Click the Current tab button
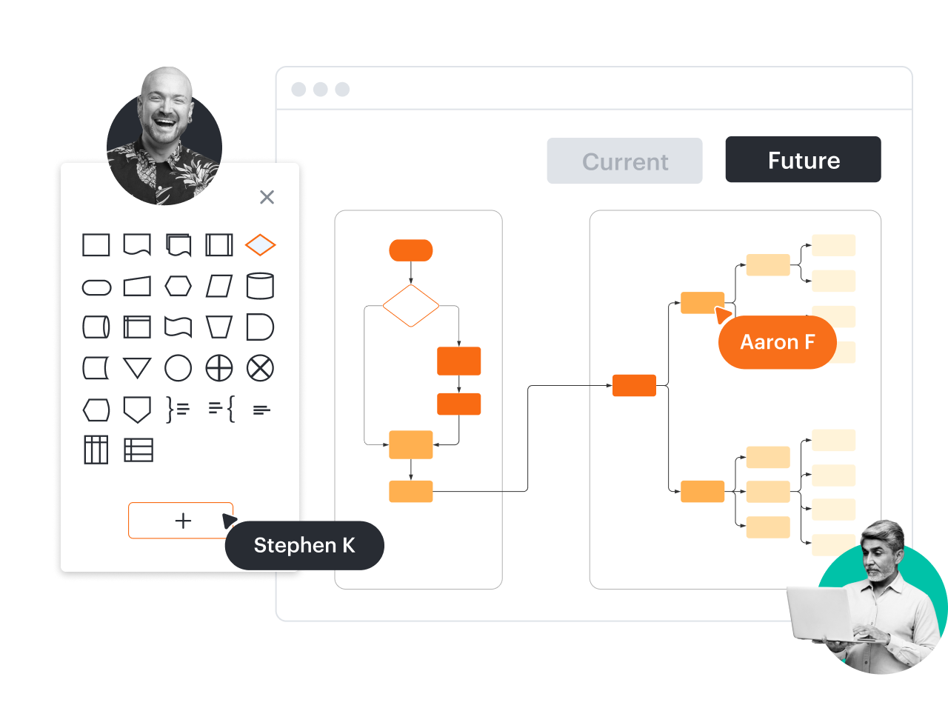(x=624, y=161)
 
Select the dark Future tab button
(x=803, y=159)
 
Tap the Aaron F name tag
(x=777, y=342)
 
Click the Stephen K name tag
(x=304, y=546)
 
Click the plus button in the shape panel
(x=181, y=521)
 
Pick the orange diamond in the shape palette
(x=260, y=244)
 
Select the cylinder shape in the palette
(x=260, y=286)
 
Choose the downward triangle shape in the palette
(x=137, y=368)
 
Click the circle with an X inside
(x=260, y=368)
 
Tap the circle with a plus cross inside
(x=219, y=368)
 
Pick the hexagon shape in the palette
(x=178, y=286)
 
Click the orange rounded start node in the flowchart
(x=411, y=250)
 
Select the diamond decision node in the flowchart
(x=411, y=305)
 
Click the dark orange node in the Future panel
(x=634, y=386)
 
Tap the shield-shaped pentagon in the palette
(x=137, y=409)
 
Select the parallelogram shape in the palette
(x=219, y=286)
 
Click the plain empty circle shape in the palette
(x=178, y=368)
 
